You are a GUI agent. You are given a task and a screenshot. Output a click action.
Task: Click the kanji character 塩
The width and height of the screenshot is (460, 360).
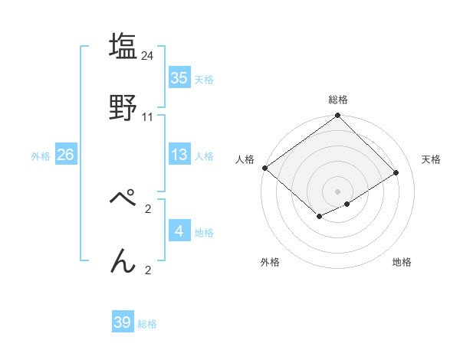123,44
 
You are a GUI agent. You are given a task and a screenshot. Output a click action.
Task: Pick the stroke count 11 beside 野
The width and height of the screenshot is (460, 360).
148,117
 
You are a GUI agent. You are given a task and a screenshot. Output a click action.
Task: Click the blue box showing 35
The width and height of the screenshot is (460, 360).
179,78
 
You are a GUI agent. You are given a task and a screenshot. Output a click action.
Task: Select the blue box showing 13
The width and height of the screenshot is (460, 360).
179,155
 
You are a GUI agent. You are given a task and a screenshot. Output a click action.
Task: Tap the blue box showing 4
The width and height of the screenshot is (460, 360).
179,231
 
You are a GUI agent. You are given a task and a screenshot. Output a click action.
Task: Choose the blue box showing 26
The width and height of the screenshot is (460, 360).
65,155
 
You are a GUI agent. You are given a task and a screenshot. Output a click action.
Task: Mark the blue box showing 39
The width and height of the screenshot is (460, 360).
123,322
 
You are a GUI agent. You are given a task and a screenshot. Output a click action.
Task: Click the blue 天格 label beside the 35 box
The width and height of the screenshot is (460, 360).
204,79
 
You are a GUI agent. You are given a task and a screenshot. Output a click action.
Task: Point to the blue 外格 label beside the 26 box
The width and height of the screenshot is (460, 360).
41,155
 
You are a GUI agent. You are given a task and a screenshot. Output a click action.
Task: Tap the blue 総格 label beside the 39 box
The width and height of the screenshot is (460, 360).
147,324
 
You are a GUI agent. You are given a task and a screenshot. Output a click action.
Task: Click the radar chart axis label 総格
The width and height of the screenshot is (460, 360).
338,100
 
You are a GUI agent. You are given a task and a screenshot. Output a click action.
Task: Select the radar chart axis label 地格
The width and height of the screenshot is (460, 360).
402,262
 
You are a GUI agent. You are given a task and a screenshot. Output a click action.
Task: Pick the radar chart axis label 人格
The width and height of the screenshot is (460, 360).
245,159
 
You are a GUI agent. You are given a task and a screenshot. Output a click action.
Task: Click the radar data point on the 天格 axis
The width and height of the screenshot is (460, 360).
397,172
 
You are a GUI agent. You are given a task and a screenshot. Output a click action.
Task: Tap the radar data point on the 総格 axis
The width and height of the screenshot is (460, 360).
338,116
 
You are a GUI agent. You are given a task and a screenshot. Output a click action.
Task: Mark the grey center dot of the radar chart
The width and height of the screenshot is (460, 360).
338,191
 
